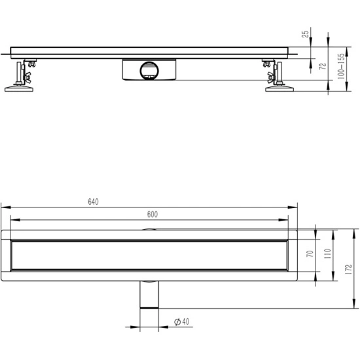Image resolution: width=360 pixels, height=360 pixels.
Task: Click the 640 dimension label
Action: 93,202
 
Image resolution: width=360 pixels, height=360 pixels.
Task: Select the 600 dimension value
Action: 153,214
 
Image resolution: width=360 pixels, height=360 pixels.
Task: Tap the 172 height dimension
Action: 348,269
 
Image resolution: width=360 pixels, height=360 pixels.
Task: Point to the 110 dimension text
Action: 327,254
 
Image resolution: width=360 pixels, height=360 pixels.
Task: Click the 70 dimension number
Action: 310,254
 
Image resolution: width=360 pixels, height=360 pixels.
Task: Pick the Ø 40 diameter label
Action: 181,321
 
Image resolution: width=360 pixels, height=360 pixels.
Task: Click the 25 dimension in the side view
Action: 305,34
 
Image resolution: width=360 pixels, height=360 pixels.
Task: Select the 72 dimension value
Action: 323,66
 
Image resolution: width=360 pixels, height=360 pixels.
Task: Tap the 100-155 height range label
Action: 341,66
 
